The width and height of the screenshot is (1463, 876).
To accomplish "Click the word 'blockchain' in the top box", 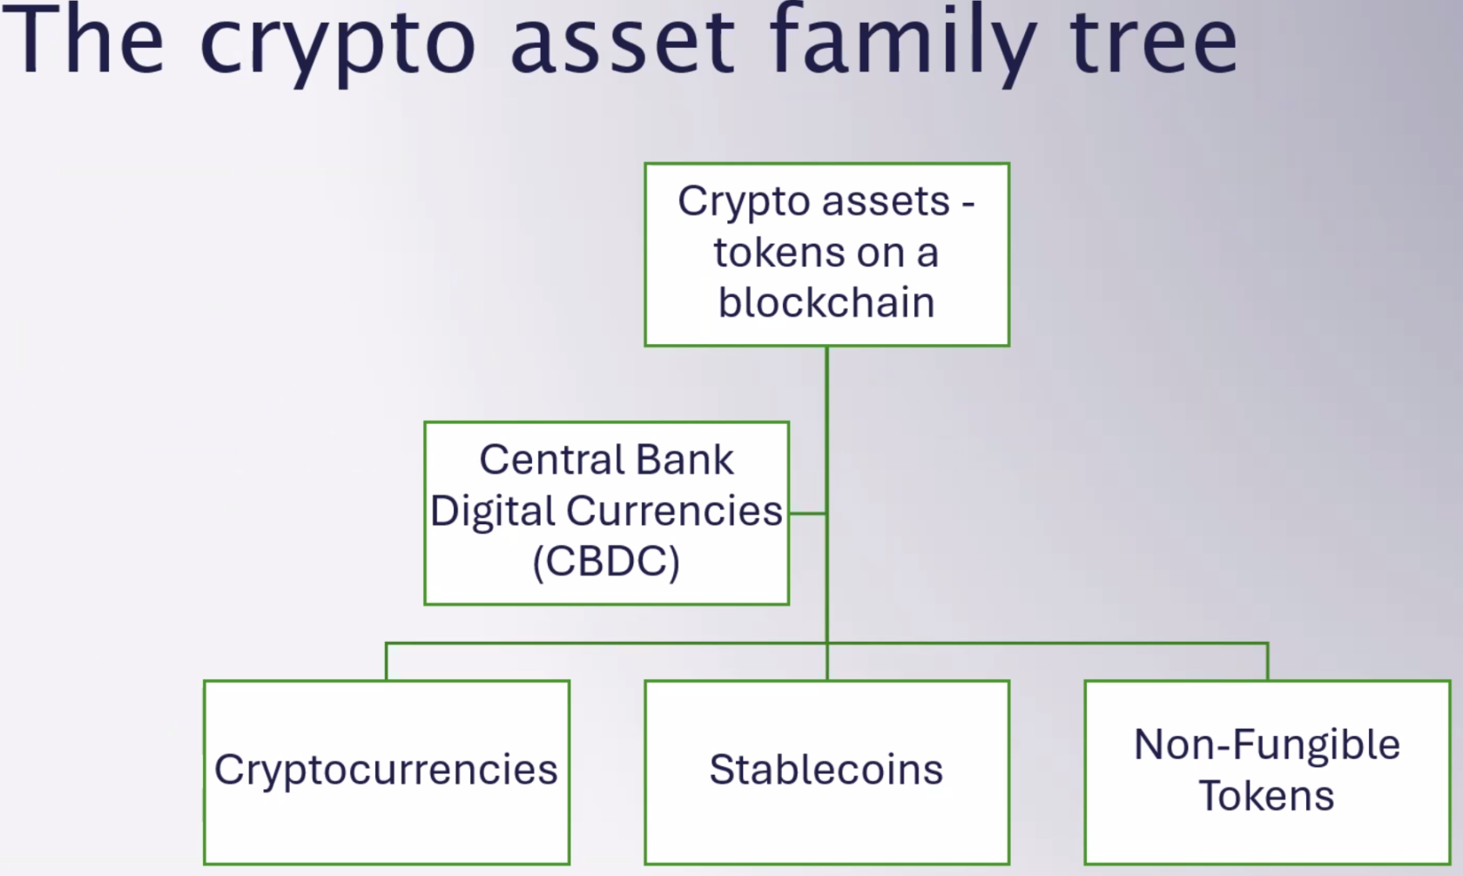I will pyautogui.click(x=826, y=303).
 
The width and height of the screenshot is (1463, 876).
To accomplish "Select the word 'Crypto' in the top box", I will pyautogui.click(x=744, y=202).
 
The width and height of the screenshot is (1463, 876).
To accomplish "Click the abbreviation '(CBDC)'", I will pyautogui.click(x=606, y=562).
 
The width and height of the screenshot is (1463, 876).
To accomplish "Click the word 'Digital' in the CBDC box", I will pyautogui.click(x=493, y=511).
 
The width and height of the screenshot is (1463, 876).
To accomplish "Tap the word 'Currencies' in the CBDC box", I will pyautogui.click(x=674, y=511).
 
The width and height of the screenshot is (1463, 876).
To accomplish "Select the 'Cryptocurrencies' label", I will pyautogui.click(x=386, y=770).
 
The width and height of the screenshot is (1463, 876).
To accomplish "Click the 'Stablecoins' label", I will pyautogui.click(x=826, y=770).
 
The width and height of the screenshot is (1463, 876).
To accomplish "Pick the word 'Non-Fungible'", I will pyautogui.click(x=1267, y=745).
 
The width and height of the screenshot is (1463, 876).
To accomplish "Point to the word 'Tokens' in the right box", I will pyautogui.click(x=1267, y=796).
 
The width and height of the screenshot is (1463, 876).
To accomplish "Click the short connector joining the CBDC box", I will pyautogui.click(x=807, y=514).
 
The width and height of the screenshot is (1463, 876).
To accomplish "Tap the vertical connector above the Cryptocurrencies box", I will pyautogui.click(x=386, y=662).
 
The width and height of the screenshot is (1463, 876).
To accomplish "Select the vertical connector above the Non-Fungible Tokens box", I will pyautogui.click(x=1267, y=662).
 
